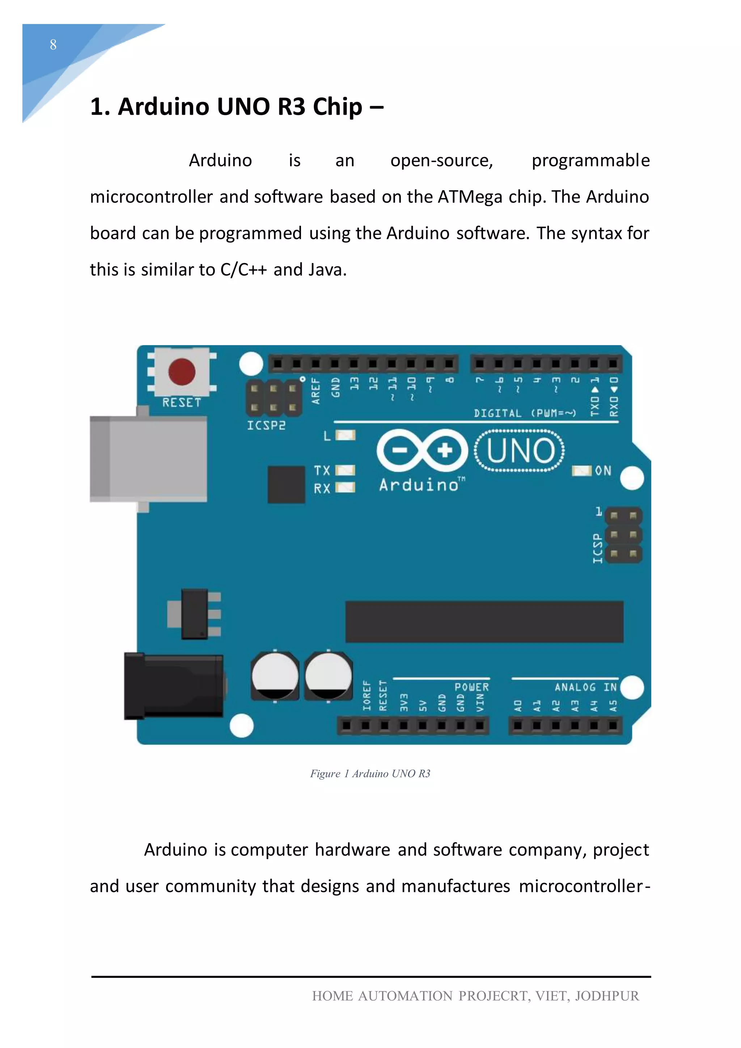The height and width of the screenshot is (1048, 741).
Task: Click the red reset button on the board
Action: point(182,372)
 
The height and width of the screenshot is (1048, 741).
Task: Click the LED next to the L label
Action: point(346,435)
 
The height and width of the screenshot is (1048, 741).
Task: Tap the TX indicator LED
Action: point(346,470)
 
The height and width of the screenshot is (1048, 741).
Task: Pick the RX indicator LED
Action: point(346,488)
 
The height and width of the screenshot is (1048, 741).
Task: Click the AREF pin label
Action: point(316,391)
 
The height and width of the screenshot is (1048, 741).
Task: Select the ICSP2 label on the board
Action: point(266,426)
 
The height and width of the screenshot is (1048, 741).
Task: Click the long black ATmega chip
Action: point(484,622)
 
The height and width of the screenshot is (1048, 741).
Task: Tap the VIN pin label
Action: point(480,703)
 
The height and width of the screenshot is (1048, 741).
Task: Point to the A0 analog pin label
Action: point(518,706)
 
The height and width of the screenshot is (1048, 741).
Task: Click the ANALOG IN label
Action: point(585,687)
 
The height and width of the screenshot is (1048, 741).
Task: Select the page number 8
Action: point(54,45)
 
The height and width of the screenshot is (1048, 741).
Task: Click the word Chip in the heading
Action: point(337,107)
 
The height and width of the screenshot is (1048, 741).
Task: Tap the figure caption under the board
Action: point(370,774)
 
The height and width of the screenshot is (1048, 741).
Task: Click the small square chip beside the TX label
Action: point(286,484)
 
